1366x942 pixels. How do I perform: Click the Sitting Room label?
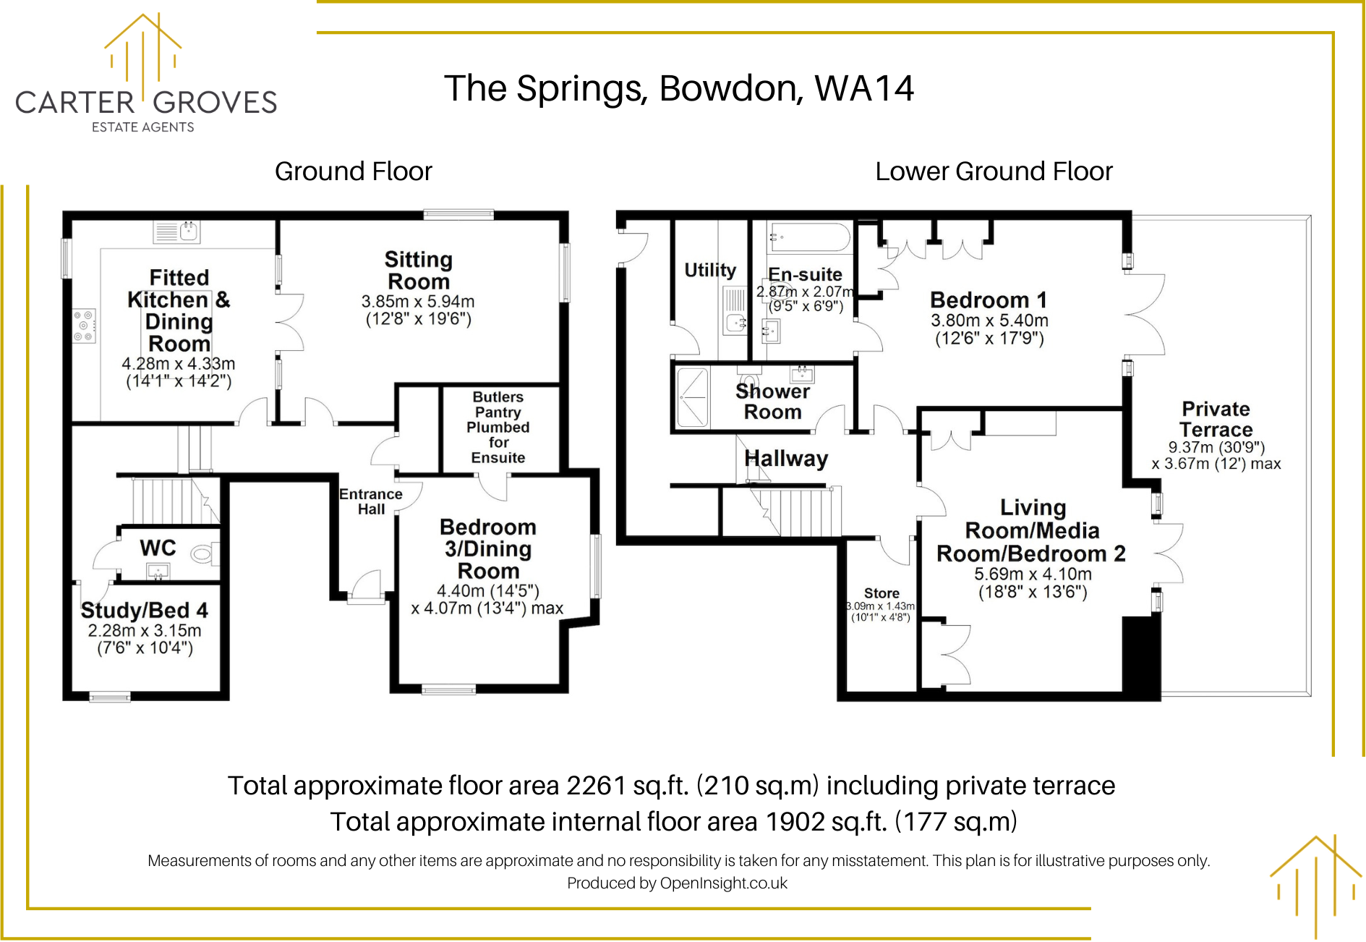pos(418,270)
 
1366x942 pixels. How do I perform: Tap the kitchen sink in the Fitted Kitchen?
pos(177,232)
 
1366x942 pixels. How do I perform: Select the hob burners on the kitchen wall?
pos(84,326)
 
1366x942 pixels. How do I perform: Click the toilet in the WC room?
pos(203,555)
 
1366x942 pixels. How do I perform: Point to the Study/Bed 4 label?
pos(144,611)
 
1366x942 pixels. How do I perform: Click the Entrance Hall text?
pos(371,501)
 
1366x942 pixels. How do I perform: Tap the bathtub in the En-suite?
pos(809,237)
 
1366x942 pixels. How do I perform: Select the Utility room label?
pos(710,270)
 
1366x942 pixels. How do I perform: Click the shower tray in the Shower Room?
pos(692,397)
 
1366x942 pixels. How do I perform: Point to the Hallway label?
pos(786,459)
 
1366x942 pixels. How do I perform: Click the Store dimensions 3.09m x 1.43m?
pos(880,606)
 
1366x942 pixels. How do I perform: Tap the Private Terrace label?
pos(1216,419)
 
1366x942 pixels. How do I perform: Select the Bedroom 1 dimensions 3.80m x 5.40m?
pos(989,321)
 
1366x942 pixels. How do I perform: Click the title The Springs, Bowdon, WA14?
pos(678,88)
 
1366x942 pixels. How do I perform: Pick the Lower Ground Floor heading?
pos(993,171)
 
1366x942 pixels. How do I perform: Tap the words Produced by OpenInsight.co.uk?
pos(677,883)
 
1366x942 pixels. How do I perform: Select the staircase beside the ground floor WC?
pos(174,500)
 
